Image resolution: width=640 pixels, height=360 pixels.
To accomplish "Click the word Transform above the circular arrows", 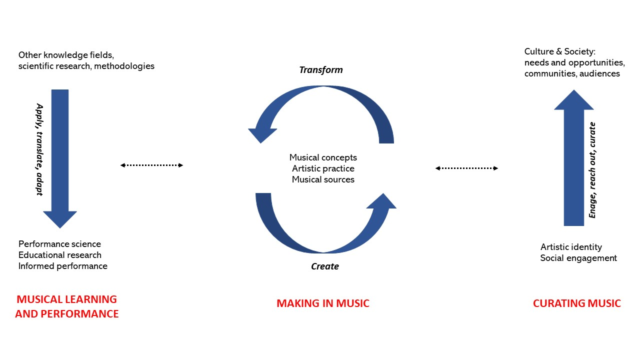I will tap(321, 69).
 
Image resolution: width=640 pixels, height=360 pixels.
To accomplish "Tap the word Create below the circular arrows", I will tap(325, 266).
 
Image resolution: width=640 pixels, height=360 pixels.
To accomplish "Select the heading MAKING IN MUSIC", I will tap(323, 303).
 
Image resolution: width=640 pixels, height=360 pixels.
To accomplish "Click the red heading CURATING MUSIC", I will tap(576, 303).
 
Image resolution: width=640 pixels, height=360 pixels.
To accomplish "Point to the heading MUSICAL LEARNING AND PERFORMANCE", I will tap(67, 306).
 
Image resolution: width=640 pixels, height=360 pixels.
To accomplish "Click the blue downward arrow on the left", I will tap(60, 155).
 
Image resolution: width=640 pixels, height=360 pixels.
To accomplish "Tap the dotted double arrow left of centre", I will tap(152, 165).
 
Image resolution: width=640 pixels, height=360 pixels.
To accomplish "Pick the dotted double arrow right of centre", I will tap(466, 168).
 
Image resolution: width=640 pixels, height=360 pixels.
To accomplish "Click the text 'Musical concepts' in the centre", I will tap(323, 157).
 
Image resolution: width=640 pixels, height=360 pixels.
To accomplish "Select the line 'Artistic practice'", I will tap(323, 168).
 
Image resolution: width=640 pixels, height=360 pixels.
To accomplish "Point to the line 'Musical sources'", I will tap(323, 179).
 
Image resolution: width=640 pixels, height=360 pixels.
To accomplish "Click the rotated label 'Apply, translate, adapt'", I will tap(39, 149).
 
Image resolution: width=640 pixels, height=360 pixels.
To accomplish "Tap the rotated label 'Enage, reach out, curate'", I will tap(592, 170).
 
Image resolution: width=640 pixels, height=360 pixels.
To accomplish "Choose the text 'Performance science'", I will tap(59, 244).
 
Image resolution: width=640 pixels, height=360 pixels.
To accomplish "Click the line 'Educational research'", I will tap(60, 255).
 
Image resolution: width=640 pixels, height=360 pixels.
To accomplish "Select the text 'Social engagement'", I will tap(578, 258).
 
